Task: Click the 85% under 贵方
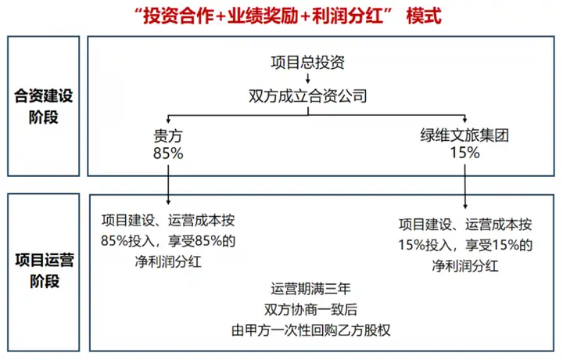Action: pyautogui.click(x=169, y=153)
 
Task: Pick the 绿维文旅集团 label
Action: pyautogui.click(x=464, y=135)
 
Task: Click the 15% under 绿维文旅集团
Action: pyautogui.click(x=464, y=153)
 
